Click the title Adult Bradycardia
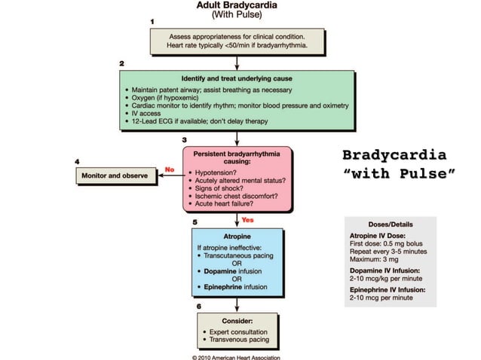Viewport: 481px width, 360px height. pyautogui.click(x=237, y=6)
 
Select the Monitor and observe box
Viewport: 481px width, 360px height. pyautogui.click(x=115, y=175)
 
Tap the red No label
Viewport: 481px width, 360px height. pyautogui.click(x=170, y=169)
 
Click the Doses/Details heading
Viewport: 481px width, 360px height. pyautogui.click(x=390, y=224)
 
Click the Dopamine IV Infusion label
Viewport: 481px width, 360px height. pyautogui.click(x=388, y=270)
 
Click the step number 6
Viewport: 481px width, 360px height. pyautogui.click(x=198, y=307)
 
